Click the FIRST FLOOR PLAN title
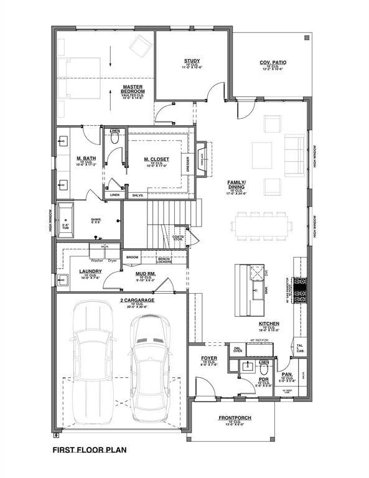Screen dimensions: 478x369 tap(90, 449)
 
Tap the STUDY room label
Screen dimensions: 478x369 tap(192, 61)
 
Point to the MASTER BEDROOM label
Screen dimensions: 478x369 tap(133, 89)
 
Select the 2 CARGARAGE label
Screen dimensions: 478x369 tap(121, 300)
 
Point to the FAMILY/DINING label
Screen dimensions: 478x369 tap(236, 184)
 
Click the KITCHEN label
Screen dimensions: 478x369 tap(269, 324)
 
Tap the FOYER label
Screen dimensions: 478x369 tap(208, 358)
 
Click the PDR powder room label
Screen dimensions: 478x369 tap(264, 378)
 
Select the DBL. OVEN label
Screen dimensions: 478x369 tap(238, 350)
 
